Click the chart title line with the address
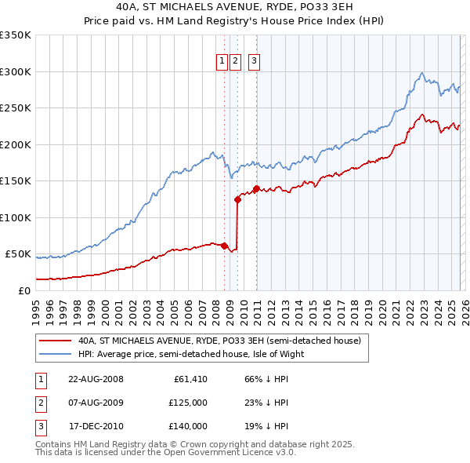[234, 8]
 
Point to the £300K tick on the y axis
[16, 71]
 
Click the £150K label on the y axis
[16, 180]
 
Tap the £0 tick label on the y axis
[23, 290]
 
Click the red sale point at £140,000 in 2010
[256, 188]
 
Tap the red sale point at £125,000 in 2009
[237, 199]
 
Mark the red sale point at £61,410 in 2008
[224, 246]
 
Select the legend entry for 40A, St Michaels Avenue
[219, 341]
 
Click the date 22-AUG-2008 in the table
[96, 380]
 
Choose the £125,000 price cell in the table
[188, 403]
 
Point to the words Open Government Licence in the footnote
[234, 453]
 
